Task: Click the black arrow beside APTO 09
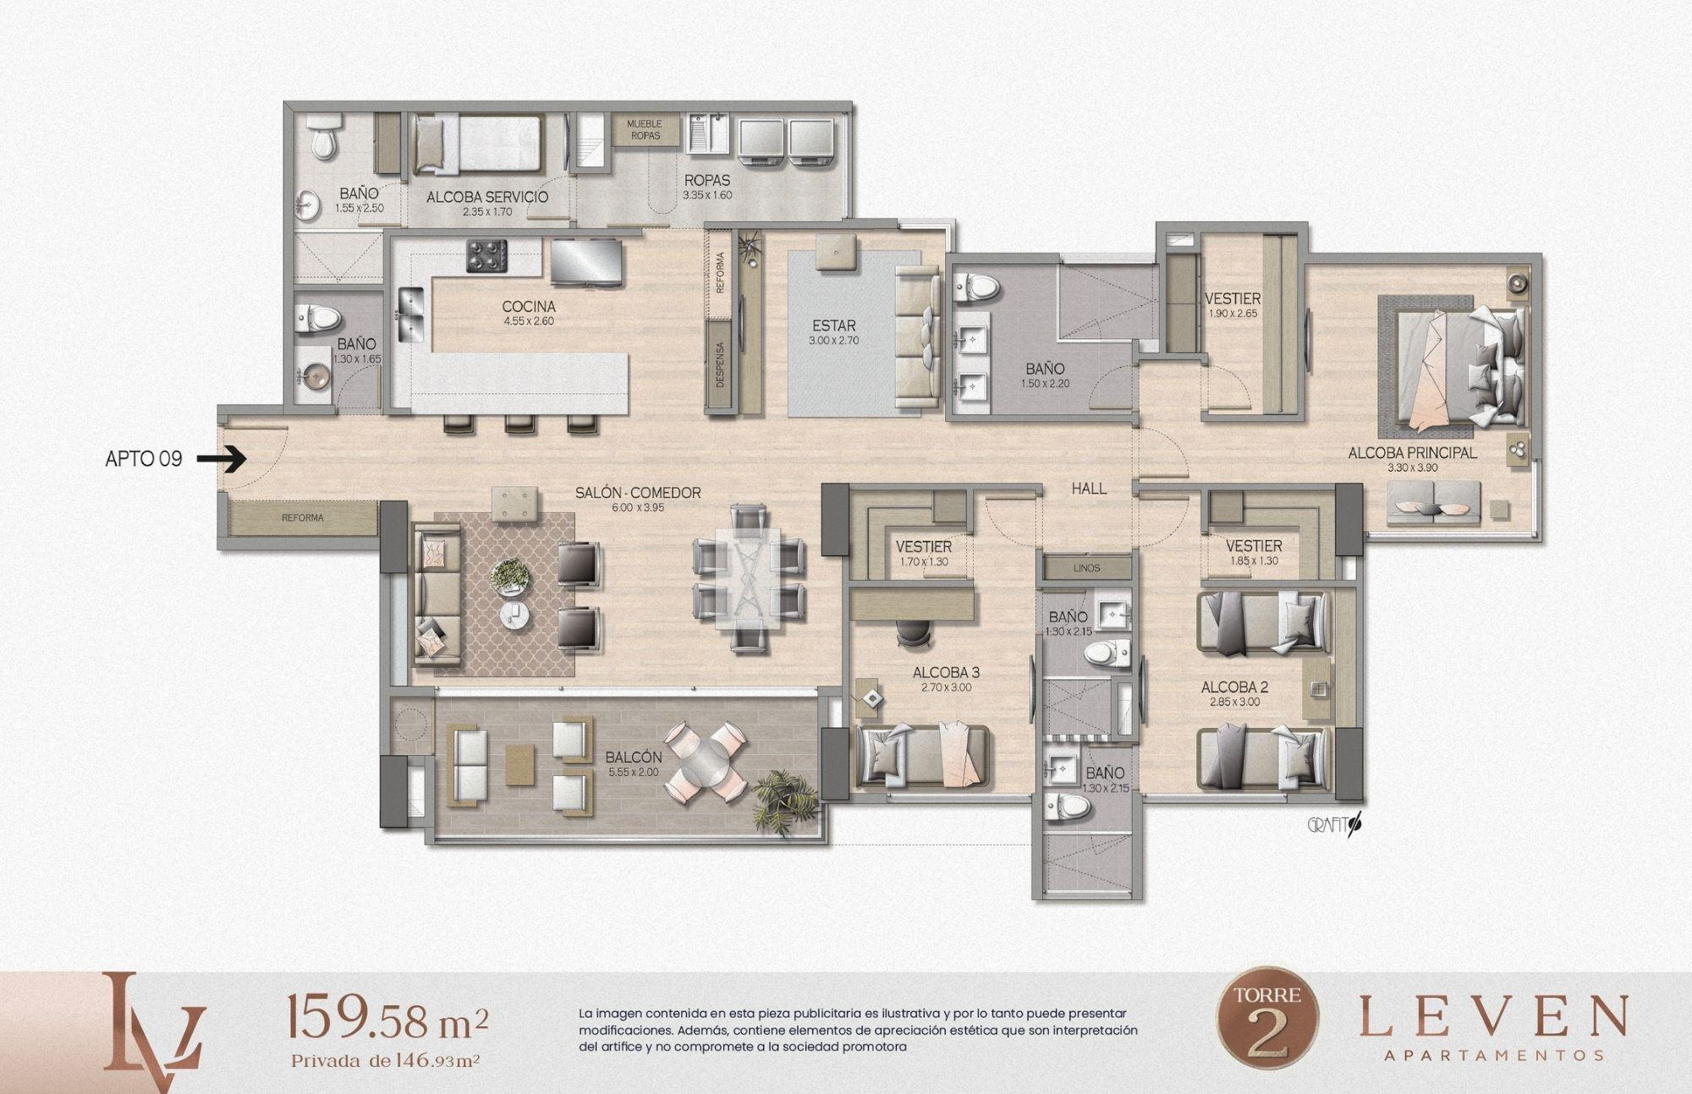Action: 221,459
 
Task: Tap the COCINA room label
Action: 529,306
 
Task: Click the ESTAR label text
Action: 834,325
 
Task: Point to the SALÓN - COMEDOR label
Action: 638,493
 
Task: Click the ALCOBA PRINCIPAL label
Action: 1412,453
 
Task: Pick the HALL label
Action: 1089,489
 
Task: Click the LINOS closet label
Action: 1086,568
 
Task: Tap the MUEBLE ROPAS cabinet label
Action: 645,129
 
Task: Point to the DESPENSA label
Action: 720,364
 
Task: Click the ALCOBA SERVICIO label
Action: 486,197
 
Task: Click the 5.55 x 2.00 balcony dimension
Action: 633,772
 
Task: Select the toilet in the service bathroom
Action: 323,139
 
